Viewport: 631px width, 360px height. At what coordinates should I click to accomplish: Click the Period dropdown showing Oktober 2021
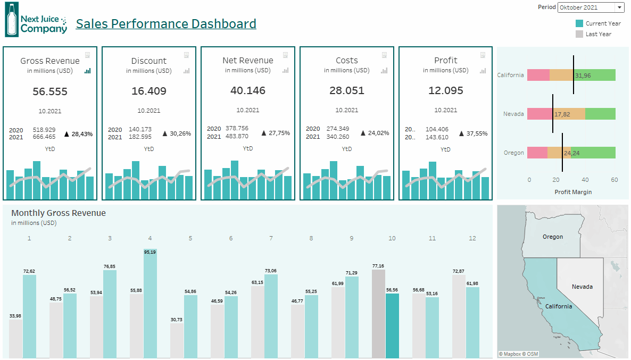click(x=591, y=7)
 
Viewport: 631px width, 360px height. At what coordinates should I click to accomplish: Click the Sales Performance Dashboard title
click(x=166, y=24)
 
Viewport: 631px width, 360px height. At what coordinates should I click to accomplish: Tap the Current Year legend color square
click(x=579, y=23)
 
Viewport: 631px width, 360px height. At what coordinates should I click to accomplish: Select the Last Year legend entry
click(x=598, y=34)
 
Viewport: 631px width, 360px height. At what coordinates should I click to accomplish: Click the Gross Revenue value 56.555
click(x=50, y=91)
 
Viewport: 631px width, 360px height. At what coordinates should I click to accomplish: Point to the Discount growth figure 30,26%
click(x=180, y=133)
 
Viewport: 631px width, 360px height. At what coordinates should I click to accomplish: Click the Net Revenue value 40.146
click(x=248, y=91)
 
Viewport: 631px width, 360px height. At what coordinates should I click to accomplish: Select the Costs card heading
click(x=347, y=61)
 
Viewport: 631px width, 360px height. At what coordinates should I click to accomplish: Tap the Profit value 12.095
click(x=446, y=91)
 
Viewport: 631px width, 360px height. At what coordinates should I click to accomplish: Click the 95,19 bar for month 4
click(x=150, y=303)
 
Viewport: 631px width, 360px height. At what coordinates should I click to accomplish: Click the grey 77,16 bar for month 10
click(x=378, y=314)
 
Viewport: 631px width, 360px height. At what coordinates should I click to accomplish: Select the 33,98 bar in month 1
click(x=16, y=338)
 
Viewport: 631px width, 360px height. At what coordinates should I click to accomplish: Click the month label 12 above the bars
click(x=472, y=238)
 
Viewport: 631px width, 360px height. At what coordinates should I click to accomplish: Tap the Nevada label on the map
click(x=582, y=287)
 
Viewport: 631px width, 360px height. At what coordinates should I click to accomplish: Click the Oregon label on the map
click(x=553, y=237)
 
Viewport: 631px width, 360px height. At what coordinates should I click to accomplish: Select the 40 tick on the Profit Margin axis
click(x=585, y=180)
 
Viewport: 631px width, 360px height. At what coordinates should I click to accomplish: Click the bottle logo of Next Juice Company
click(x=11, y=20)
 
